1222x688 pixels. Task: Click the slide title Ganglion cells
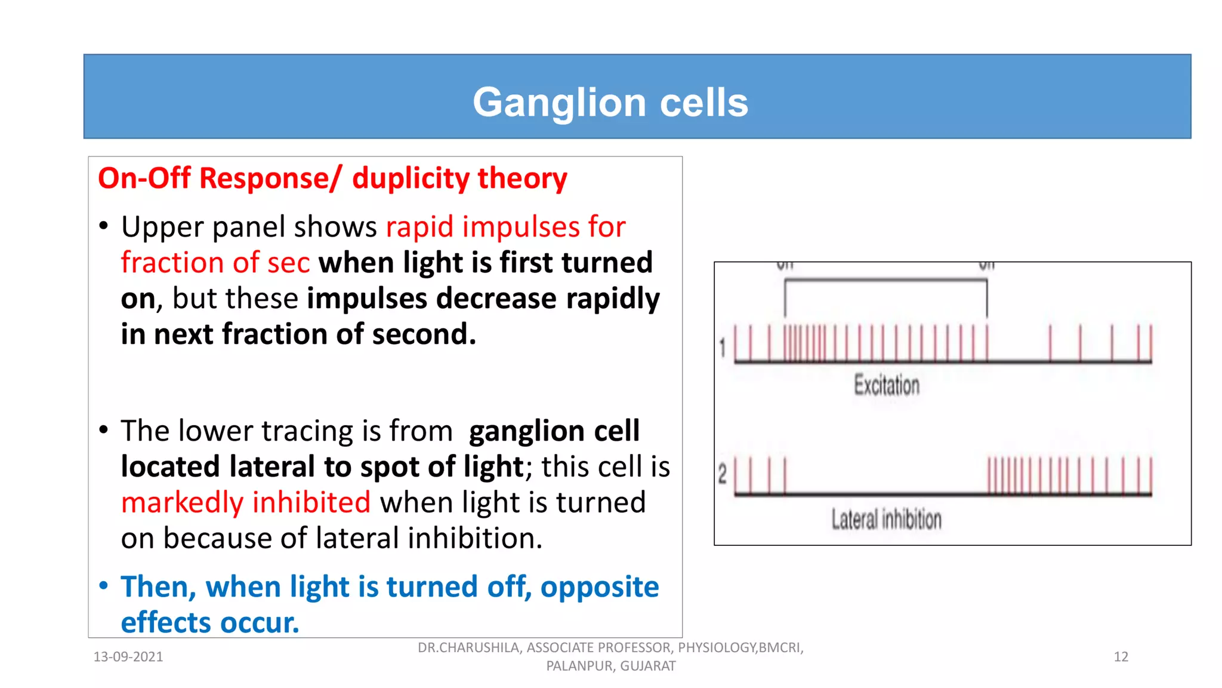[610, 102]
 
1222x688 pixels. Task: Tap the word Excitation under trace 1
[886, 385]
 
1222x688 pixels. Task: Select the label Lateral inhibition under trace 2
[886, 519]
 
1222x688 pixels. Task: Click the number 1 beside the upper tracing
[723, 348]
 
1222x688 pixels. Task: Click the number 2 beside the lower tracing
[723, 475]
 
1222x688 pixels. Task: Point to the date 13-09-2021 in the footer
[128, 657]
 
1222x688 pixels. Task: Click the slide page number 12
[1121, 657]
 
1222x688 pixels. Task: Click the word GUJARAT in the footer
[648, 666]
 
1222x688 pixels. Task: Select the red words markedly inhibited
[245, 502]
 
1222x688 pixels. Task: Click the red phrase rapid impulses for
[505, 227]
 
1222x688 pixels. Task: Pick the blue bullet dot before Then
[104, 585]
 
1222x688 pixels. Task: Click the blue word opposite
[599, 586]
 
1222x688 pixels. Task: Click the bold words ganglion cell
[554, 431]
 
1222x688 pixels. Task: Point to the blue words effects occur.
[209, 623]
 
